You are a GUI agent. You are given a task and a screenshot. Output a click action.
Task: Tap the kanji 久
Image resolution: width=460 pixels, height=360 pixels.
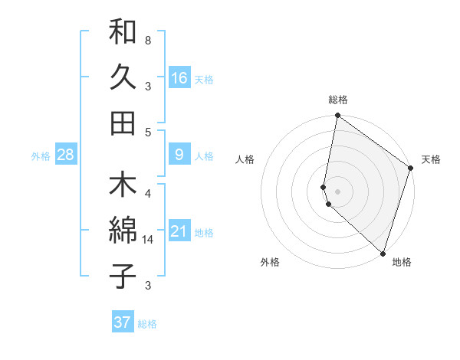[123, 77]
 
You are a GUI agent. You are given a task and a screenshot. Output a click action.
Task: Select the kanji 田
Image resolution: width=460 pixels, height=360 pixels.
[123, 122]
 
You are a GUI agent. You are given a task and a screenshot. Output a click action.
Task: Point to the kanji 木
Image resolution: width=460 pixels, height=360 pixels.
[123, 186]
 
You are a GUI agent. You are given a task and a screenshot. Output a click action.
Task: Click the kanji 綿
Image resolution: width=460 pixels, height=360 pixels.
[123, 231]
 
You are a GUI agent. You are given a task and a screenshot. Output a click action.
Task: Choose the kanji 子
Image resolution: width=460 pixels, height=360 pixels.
[123, 276]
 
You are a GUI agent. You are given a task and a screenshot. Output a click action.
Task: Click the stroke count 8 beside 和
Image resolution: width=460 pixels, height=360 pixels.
[147, 40]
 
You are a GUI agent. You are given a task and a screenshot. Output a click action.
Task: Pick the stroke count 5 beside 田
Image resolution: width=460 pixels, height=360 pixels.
[147, 131]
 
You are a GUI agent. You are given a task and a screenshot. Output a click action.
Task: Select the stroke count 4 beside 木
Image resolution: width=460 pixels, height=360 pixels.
[147, 193]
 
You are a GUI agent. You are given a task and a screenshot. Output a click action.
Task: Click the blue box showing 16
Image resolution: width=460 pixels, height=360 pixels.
[179, 77]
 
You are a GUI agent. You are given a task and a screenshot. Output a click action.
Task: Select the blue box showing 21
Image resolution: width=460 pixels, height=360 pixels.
[179, 231]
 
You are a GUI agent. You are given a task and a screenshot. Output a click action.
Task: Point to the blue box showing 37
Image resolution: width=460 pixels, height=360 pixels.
[122, 322]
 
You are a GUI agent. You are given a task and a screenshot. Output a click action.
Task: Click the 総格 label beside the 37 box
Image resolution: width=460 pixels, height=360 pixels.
[147, 324]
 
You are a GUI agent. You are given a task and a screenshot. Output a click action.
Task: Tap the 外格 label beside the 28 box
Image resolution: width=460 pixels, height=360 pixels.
[41, 156]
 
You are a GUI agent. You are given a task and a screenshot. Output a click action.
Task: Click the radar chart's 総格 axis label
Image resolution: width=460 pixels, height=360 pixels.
[337, 100]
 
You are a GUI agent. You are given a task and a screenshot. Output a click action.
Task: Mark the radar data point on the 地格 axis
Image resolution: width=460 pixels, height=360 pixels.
[383, 254]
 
